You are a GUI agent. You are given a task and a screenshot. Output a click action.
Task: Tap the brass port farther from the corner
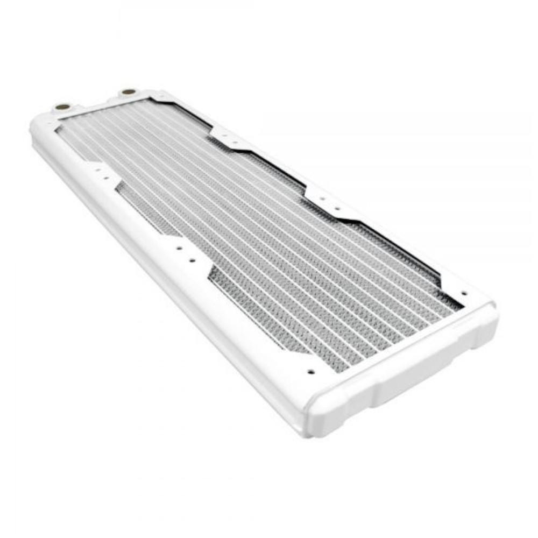point(128,92)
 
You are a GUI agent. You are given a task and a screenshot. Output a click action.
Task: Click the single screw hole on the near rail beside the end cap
point(310,371)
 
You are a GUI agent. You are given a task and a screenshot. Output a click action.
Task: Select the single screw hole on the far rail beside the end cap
point(464,294)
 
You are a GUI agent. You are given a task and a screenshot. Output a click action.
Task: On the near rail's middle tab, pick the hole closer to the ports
point(178,249)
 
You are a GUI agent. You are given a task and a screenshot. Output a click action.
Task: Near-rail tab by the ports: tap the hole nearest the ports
point(98,169)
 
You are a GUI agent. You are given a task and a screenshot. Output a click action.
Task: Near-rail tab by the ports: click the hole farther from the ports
point(106,178)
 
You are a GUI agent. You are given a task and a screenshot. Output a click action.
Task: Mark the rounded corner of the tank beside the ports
point(38,129)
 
